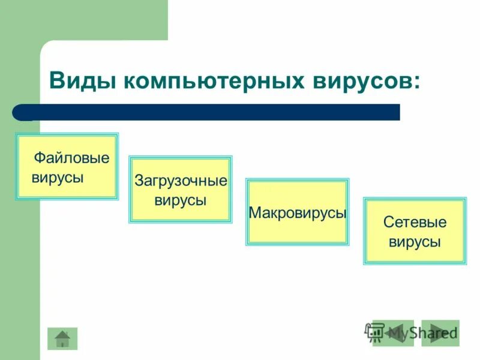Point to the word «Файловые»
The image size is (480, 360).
coord(71,158)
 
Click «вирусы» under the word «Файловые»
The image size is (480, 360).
coord(58,178)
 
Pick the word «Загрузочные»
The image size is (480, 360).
coord(181,181)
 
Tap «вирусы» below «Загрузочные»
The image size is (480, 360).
coord(181,200)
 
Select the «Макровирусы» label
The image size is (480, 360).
coord(298,213)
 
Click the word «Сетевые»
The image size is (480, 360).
coord(415,222)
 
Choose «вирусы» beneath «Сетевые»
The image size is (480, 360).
coord(415,242)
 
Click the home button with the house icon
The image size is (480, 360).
coord(62,339)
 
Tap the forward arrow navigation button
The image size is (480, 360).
coord(440,333)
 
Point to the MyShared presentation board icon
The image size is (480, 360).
coord(375,332)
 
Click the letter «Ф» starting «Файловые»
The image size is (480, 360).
coord(39,158)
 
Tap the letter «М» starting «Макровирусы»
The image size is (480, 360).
coord(254,213)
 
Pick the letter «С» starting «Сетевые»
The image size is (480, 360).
coord(388,222)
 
